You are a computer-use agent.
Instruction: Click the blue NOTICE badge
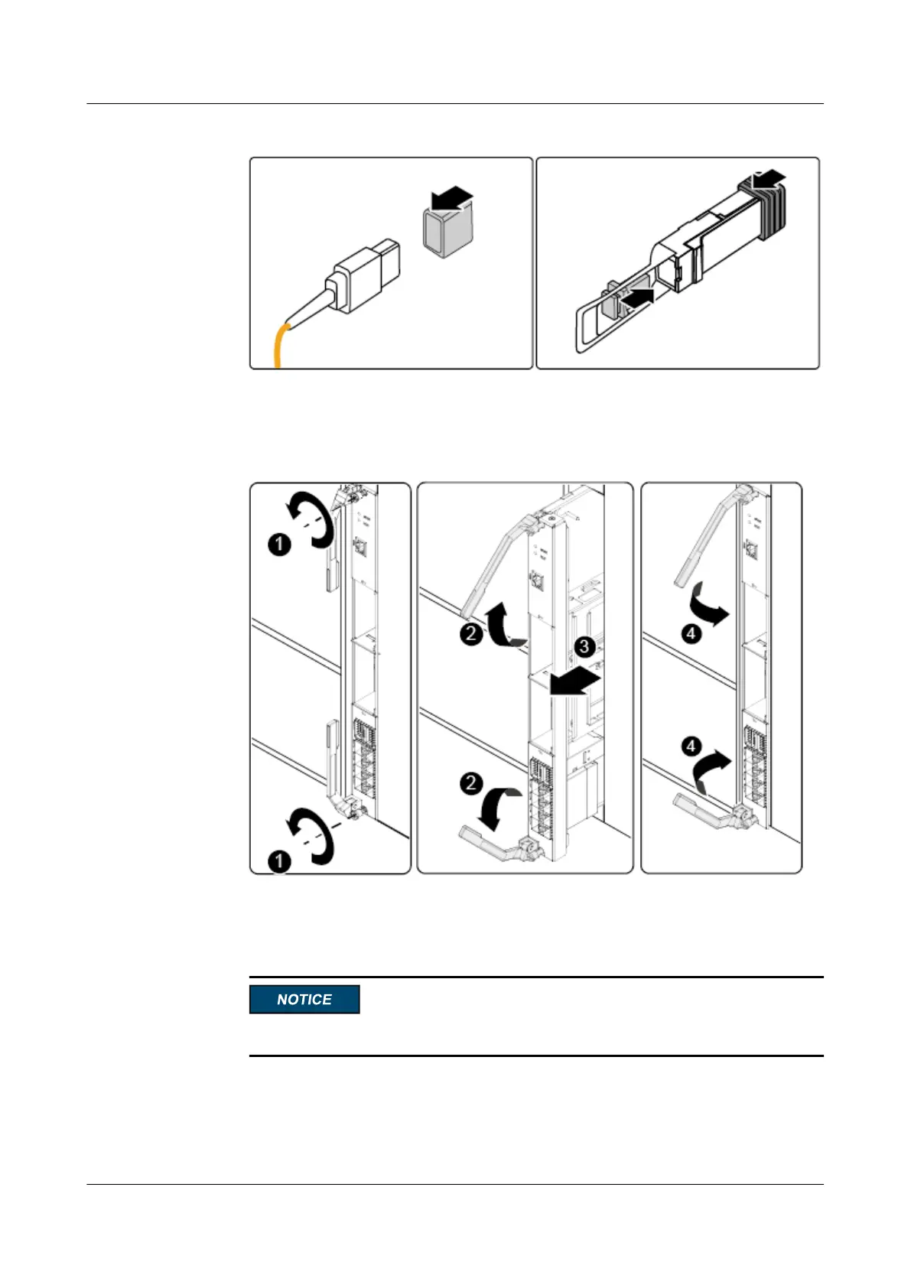(x=304, y=999)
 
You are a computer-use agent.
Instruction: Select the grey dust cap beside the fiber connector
(x=447, y=233)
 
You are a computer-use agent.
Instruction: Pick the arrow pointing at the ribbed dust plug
(x=768, y=179)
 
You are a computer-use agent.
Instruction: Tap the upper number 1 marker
(x=280, y=545)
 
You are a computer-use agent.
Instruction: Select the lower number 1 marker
(x=280, y=861)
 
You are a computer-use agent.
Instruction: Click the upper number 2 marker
(x=471, y=633)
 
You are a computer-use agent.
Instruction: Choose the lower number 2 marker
(x=471, y=782)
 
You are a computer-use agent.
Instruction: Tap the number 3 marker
(x=584, y=647)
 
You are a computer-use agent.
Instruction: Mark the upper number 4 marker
(x=691, y=633)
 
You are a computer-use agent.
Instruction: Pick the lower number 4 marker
(x=691, y=745)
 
